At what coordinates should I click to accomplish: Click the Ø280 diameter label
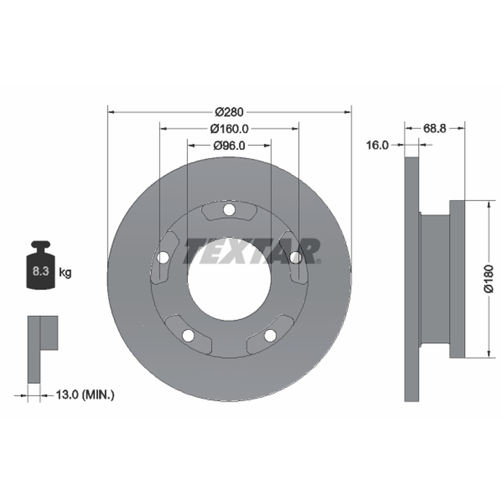[x=229, y=112]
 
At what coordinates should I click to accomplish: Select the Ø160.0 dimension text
[x=229, y=129]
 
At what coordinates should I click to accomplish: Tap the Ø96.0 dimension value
[x=229, y=145]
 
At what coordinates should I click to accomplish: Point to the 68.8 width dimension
[x=434, y=128]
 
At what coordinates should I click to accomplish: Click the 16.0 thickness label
[x=377, y=145]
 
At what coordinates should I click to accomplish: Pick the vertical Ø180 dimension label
[x=489, y=279]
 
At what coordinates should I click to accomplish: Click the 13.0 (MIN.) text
[x=85, y=394]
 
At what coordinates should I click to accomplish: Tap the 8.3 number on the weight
[x=41, y=271]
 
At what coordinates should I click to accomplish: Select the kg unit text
[x=65, y=273]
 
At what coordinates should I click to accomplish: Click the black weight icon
[x=41, y=265]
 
